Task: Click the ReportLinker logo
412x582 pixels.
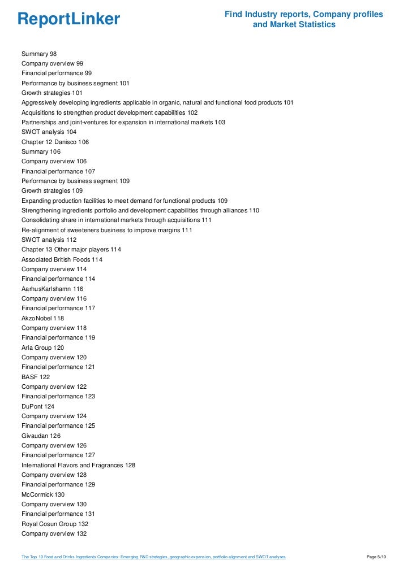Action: pyautogui.click(x=68, y=19)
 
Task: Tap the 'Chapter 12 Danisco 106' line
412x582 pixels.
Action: pyautogui.click(x=55, y=142)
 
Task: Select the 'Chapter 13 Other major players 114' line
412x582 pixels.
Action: pyautogui.click(x=71, y=249)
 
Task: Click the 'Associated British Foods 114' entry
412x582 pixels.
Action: pyautogui.click(x=62, y=259)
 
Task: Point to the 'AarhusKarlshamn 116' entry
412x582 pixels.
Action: pyautogui.click(x=52, y=289)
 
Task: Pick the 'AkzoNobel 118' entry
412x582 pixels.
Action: pyautogui.click(x=42, y=318)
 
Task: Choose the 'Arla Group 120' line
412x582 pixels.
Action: pyautogui.click(x=42, y=348)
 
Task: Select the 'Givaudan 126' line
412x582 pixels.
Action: pyautogui.click(x=41, y=436)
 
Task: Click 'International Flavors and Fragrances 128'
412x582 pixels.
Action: pyautogui.click(x=78, y=465)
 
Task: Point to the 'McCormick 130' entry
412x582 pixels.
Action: pyautogui.click(x=43, y=494)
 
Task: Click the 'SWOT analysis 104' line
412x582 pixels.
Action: pyautogui.click(x=49, y=132)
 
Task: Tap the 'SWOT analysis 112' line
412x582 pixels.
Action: pyautogui.click(x=49, y=240)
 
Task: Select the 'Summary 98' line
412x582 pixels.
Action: pyautogui.click(x=39, y=54)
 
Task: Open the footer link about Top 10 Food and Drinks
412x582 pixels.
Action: pyautogui.click(x=153, y=557)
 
